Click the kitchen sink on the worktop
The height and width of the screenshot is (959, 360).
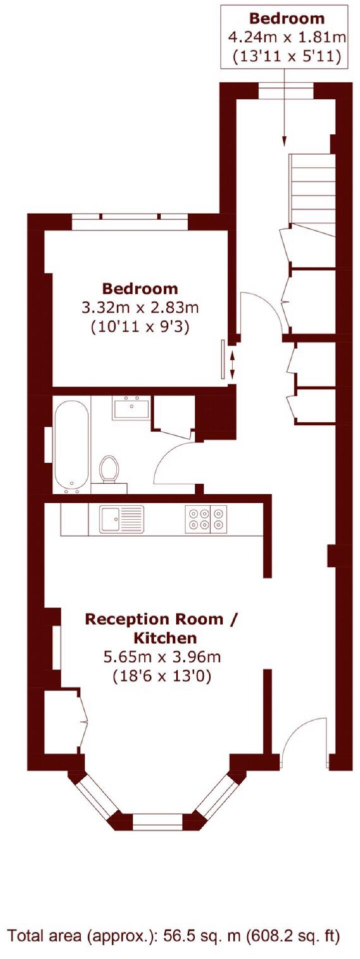tap(121, 519)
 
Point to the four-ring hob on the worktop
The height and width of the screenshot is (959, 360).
tap(206, 519)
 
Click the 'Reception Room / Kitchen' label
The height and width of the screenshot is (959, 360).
tap(161, 628)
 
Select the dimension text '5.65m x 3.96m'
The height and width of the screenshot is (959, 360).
tap(162, 657)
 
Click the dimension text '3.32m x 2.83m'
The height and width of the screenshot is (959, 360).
tap(140, 308)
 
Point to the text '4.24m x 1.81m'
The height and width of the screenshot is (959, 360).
tap(287, 37)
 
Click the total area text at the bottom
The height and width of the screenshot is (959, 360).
tap(174, 935)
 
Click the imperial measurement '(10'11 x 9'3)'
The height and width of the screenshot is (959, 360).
tap(140, 327)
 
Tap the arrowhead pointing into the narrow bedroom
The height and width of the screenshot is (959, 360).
tap(285, 142)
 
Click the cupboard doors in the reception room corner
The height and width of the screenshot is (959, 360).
tap(82, 720)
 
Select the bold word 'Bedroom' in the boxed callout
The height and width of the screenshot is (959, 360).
tap(287, 18)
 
